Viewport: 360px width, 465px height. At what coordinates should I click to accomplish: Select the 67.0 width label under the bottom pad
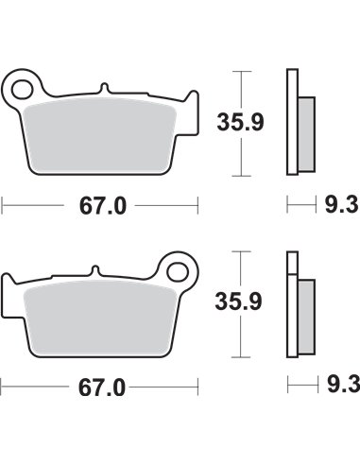(x=100, y=387)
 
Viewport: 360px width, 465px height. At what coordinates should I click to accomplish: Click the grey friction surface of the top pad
(x=104, y=132)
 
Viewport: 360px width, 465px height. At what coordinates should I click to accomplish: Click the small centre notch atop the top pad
(x=103, y=93)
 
